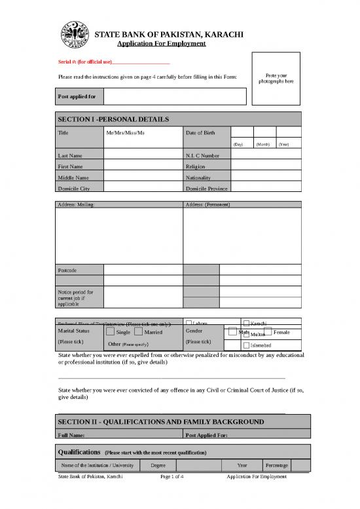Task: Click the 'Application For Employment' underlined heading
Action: point(161,43)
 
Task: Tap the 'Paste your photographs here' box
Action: point(276,78)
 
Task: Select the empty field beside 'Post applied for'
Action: point(174,97)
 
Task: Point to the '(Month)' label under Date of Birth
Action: point(263,144)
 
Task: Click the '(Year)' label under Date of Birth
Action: point(284,144)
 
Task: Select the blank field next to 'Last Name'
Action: point(143,156)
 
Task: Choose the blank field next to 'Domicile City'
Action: point(143,188)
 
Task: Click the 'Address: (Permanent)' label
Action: point(206,205)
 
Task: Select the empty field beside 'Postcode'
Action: point(143,270)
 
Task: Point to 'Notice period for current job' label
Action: point(76,298)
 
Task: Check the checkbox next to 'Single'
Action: point(111,332)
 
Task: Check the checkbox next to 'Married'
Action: point(138,332)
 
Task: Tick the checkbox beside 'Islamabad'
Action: point(246,345)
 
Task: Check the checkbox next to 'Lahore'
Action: point(189,323)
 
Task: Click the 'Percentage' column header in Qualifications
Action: point(276,465)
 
